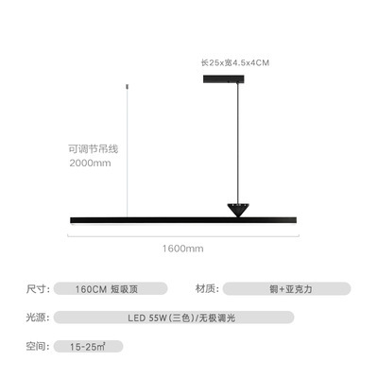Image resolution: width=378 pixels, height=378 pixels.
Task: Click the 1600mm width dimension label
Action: [x=182, y=249]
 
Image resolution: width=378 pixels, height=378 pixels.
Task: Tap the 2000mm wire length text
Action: [x=90, y=163]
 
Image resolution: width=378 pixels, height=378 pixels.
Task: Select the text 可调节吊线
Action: [x=94, y=148]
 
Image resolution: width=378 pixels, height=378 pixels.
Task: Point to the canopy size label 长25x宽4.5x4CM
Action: [x=235, y=62]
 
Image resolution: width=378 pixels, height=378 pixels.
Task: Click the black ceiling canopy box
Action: [x=224, y=78]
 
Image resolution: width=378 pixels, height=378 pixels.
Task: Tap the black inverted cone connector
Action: [x=238, y=210]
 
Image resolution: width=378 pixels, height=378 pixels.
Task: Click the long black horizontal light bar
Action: [x=183, y=220]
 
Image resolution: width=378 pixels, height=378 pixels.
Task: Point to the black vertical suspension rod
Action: [x=238, y=144]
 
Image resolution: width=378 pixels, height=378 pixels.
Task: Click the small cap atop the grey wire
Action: [x=127, y=86]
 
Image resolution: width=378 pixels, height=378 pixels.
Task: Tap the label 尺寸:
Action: [x=38, y=288]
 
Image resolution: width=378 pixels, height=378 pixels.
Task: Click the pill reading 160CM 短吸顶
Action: [x=111, y=288]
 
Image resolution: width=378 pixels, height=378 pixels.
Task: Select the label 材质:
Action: [x=207, y=288]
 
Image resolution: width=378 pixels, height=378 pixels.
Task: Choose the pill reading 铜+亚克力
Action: [x=286, y=288]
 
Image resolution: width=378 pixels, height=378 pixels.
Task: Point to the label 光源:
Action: [x=38, y=318]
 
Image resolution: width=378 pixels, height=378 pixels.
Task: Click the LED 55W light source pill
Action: [x=174, y=318]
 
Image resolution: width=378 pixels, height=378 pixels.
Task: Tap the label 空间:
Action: [x=38, y=346]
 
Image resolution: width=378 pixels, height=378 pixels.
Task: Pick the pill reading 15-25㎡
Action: [x=88, y=347]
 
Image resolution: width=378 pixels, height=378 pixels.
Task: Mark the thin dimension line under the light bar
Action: [x=183, y=235]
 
